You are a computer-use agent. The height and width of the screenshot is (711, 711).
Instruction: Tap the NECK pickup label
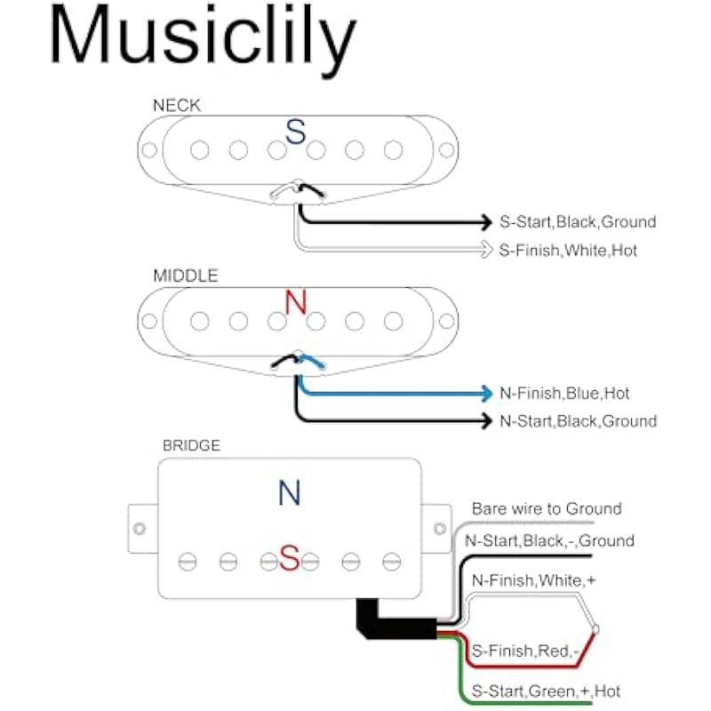(x=177, y=105)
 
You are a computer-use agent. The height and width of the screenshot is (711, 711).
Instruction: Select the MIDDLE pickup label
(x=186, y=276)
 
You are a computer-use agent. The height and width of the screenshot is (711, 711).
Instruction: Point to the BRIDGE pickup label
(x=191, y=446)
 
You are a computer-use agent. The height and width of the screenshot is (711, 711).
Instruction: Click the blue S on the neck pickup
(x=295, y=133)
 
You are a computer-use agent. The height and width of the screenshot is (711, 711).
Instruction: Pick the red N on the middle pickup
(x=296, y=303)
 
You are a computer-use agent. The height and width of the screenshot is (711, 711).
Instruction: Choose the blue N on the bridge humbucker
(x=290, y=493)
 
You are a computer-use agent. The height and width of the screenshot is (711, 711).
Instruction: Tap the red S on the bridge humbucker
(x=290, y=558)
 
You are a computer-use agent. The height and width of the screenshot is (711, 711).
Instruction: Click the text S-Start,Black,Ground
(x=578, y=222)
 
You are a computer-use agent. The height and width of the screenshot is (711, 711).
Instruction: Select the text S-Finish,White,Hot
(x=569, y=251)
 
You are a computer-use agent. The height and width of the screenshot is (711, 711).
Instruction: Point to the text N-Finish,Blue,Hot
(x=565, y=393)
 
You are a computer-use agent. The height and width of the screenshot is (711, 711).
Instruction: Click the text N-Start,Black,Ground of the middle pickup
(x=579, y=421)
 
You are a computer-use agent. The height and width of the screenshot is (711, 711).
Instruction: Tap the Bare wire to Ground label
(x=547, y=509)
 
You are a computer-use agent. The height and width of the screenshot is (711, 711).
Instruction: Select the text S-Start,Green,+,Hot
(x=547, y=691)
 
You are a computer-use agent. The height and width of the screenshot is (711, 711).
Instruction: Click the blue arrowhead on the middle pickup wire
(x=485, y=393)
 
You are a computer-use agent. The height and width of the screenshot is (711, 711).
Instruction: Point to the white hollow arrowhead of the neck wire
(x=485, y=251)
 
